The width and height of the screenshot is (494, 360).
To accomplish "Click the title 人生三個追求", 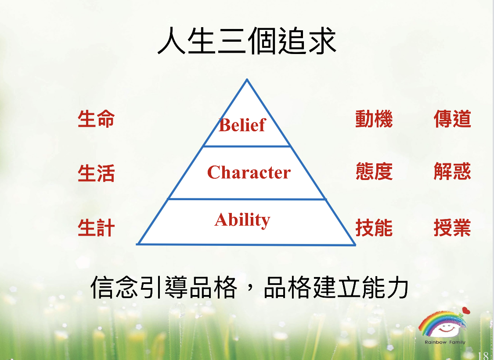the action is (x=247, y=41).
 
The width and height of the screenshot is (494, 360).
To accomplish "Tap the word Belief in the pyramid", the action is (x=242, y=125).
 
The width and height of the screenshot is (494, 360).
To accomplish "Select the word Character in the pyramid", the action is (x=249, y=172).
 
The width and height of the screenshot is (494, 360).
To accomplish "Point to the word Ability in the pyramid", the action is (x=242, y=220).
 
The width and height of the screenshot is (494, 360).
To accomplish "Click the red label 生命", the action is (x=96, y=119).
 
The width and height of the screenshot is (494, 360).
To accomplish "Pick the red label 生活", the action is (x=96, y=173).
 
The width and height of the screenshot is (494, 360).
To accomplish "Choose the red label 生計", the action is (x=96, y=227).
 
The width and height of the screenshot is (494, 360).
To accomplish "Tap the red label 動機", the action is (x=374, y=119).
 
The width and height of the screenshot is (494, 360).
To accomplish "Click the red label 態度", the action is (x=374, y=171).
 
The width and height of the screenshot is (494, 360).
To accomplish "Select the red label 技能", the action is (x=374, y=227).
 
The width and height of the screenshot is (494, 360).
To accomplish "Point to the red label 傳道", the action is (x=452, y=119).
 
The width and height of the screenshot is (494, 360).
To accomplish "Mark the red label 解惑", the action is (x=452, y=171).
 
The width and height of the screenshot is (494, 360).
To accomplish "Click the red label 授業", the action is (x=452, y=227).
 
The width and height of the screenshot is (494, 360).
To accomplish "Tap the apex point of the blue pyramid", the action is (x=247, y=79).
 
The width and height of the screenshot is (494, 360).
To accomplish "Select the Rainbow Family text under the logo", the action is (x=445, y=342).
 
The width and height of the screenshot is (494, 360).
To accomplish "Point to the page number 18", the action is (x=483, y=356).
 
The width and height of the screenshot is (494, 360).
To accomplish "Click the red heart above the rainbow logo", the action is (x=466, y=311).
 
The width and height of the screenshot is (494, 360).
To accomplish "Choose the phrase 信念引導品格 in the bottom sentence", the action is (x=163, y=287).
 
